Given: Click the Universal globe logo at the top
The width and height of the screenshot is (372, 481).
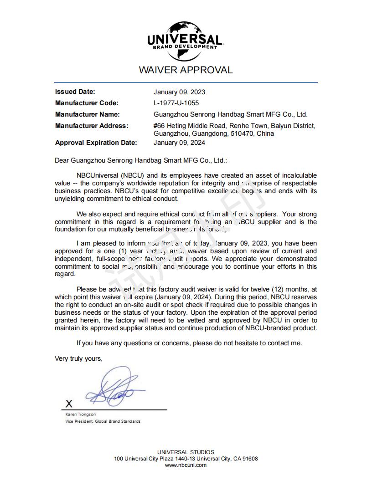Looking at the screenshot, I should [x=185, y=41].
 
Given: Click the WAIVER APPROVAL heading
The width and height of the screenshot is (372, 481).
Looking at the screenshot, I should [x=186, y=70].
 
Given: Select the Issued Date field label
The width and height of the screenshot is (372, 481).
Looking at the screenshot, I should [x=75, y=92].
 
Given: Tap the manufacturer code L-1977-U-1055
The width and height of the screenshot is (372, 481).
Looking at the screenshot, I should [x=176, y=103].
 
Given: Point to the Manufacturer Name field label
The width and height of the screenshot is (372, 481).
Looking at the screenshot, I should [x=87, y=114].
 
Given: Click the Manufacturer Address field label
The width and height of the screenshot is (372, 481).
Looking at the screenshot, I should [x=92, y=126].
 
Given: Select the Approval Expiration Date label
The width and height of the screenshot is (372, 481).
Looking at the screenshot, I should [x=96, y=143].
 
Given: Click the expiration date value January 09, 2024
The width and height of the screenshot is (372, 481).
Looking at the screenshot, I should [x=179, y=143].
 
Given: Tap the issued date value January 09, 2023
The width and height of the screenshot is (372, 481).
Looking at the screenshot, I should [x=179, y=92].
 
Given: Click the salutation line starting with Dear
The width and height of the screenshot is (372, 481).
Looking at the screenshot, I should [x=140, y=160].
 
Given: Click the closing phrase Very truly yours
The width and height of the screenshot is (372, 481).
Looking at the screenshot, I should [x=78, y=358].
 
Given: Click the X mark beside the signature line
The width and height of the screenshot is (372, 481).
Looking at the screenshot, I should [x=69, y=404].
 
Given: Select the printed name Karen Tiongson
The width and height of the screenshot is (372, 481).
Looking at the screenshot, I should [x=81, y=414].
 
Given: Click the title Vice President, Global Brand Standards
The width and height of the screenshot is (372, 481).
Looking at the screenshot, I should [x=103, y=421].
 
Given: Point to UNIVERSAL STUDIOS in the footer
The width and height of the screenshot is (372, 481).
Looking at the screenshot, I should [x=186, y=452].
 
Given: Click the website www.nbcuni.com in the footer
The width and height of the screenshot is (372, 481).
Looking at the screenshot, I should [x=186, y=465].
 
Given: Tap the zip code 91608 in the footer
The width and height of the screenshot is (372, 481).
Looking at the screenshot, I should [x=248, y=459].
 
